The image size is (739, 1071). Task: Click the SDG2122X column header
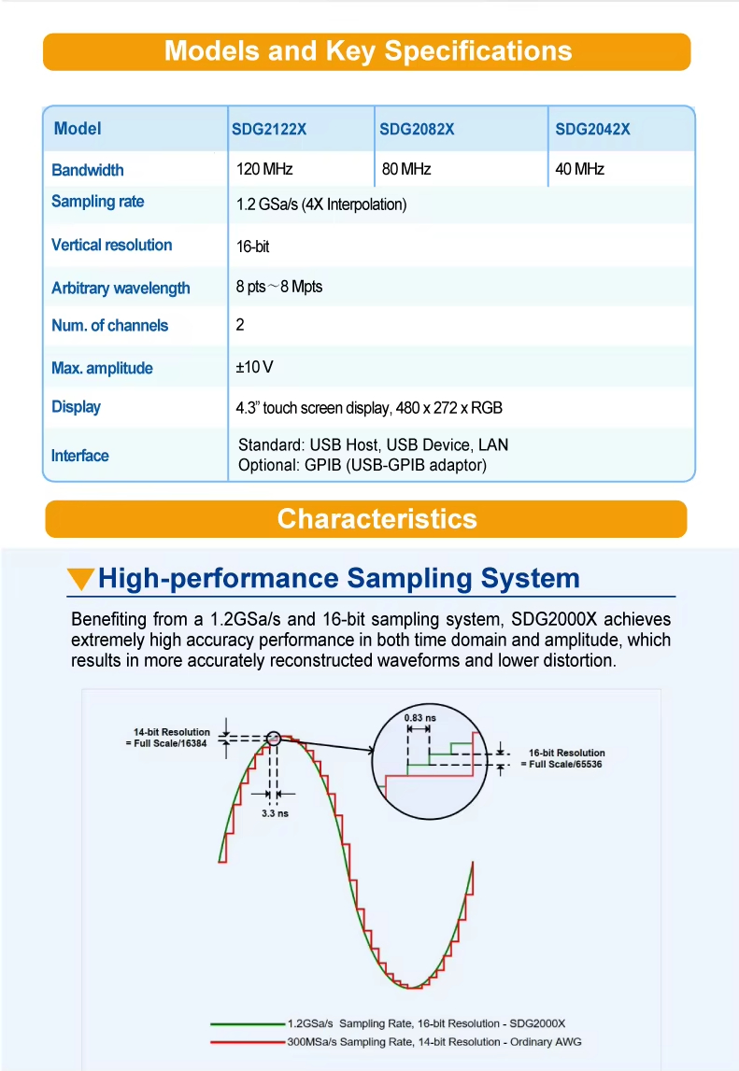269,130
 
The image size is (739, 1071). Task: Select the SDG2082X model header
417,130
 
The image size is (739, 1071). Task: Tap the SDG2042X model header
592,130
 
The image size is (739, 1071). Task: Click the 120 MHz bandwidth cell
264,169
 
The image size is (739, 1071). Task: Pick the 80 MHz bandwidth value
406,169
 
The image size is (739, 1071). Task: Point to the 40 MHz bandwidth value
580,169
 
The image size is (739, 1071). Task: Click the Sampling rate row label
98,202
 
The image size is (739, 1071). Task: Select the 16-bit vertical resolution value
253,247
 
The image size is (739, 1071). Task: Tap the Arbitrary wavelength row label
121,288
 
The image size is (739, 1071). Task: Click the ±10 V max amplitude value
254,367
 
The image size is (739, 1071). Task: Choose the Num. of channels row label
110,325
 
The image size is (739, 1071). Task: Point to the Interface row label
80,456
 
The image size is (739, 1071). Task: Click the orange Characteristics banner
366,519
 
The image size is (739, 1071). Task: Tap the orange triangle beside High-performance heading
81,580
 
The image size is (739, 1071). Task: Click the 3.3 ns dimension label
275,813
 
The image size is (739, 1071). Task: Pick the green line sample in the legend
248,1022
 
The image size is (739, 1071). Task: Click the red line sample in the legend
248,1041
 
